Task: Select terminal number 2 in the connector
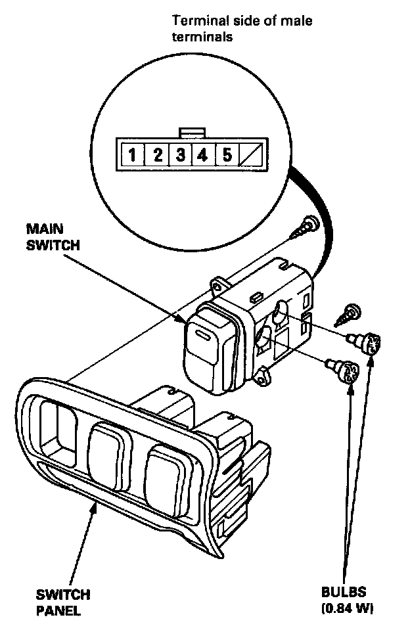(x=157, y=156)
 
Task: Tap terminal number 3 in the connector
(x=179, y=156)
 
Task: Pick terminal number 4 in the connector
(x=202, y=156)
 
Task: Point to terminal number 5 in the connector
(x=227, y=156)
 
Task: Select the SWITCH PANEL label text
(x=63, y=603)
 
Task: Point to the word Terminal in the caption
(x=196, y=22)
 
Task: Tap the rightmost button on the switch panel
(x=166, y=479)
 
